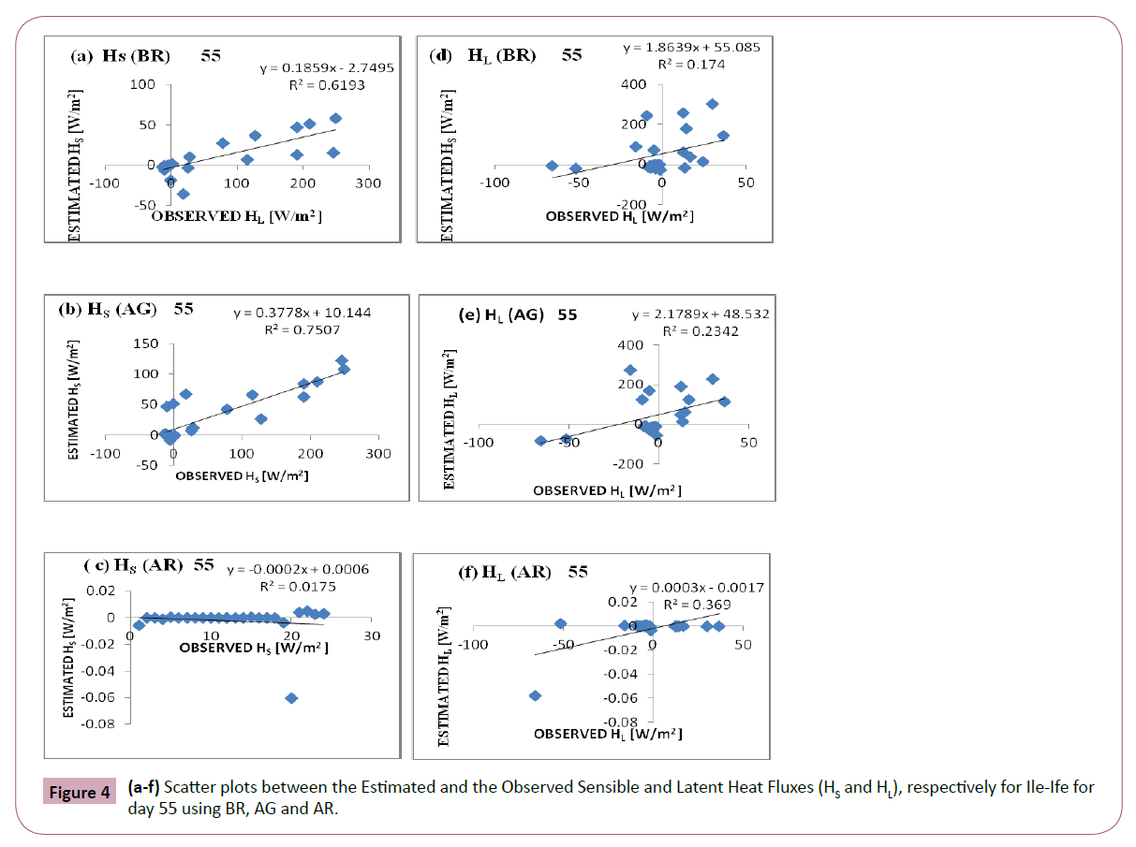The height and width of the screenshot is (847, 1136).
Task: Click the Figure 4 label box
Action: click(81, 792)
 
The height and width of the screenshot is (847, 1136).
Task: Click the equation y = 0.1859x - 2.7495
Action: click(314, 68)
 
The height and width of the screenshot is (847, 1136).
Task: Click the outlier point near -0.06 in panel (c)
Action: click(291, 698)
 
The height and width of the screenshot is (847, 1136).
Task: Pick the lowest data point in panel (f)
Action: click(535, 695)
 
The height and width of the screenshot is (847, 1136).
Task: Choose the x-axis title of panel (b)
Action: click(243, 475)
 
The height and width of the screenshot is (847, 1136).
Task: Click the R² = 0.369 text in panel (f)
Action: click(698, 605)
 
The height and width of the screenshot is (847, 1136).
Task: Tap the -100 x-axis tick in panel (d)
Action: click(494, 183)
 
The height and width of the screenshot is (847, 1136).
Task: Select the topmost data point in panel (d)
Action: click(712, 104)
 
